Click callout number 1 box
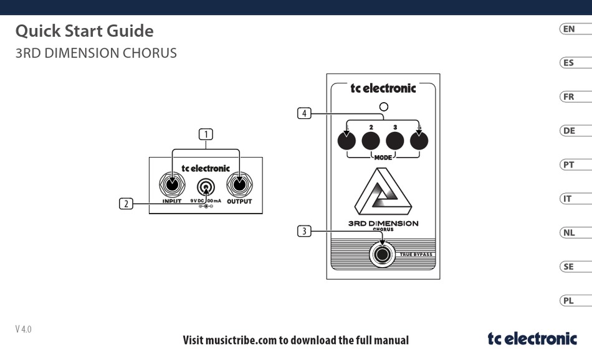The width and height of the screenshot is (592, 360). pyautogui.click(x=206, y=134)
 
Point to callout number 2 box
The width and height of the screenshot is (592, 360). pyautogui.click(x=127, y=203)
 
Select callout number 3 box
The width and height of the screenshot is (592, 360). pyautogui.click(x=304, y=232)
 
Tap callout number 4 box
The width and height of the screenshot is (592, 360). pyautogui.click(x=304, y=113)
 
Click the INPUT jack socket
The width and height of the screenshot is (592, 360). pyautogui.click(x=172, y=185)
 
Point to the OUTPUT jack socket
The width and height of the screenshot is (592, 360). pyautogui.click(x=239, y=185)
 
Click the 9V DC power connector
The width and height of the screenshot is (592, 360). pyautogui.click(x=206, y=187)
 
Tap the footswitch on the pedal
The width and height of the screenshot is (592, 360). pyautogui.click(x=382, y=254)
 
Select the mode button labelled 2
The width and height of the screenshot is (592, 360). pyautogui.click(x=371, y=141)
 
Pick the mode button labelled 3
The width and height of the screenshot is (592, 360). pyautogui.click(x=395, y=141)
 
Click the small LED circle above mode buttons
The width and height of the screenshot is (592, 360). pyautogui.click(x=383, y=107)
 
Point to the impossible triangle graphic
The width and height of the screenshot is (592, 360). pyautogui.click(x=382, y=192)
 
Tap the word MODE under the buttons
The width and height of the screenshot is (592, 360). pyautogui.click(x=383, y=158)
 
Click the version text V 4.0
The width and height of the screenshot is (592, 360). pyautogui.click(x=24, y=329)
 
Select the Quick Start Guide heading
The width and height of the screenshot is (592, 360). pyautogui.click(x=84, y=31)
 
